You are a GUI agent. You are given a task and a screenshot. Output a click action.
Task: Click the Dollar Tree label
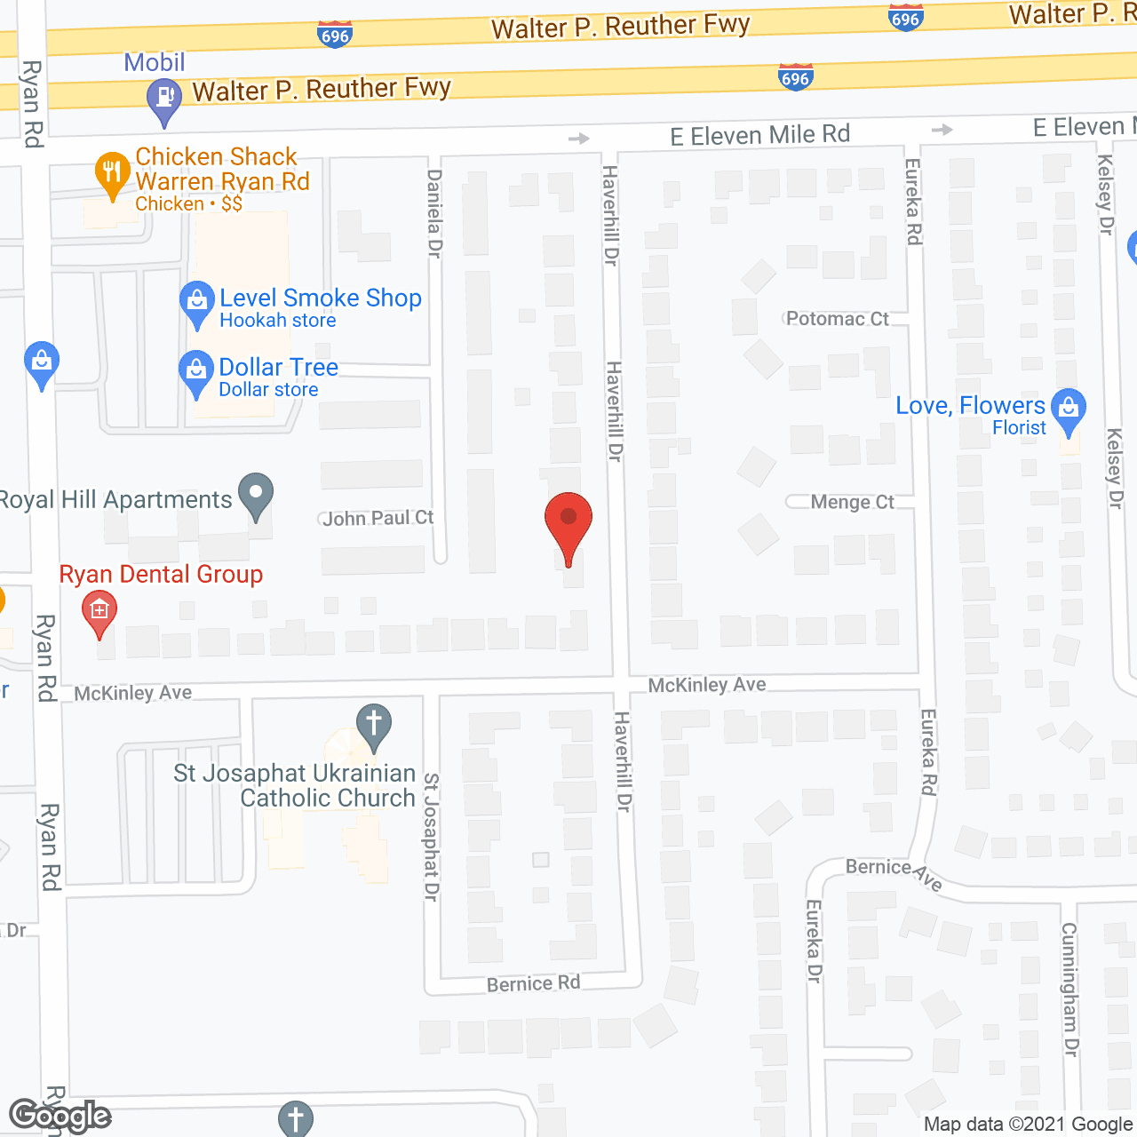[278, 368]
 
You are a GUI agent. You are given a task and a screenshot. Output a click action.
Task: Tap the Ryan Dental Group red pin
[99, 611]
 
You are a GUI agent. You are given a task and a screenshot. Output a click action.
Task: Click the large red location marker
[568, 523]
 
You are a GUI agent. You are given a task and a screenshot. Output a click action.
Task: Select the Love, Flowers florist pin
[1068, 409]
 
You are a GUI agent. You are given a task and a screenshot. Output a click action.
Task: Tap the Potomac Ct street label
[837, 319]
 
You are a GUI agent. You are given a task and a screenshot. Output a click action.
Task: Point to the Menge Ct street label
[852, 503]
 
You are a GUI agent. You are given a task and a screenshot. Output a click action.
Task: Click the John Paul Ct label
[378, 518]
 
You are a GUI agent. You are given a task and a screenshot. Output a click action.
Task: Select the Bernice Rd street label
[533, 983]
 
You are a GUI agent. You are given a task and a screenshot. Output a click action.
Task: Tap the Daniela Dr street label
[434, 213]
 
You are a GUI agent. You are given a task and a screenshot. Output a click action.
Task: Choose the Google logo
[60, 1116]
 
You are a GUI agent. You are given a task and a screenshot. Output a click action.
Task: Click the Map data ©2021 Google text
[1029, 1125]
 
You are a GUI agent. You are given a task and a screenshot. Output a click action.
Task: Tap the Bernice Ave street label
[893, 872]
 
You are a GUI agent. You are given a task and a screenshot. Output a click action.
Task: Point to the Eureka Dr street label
[814, 942]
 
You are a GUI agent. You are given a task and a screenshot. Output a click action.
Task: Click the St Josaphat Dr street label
[431, 837]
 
